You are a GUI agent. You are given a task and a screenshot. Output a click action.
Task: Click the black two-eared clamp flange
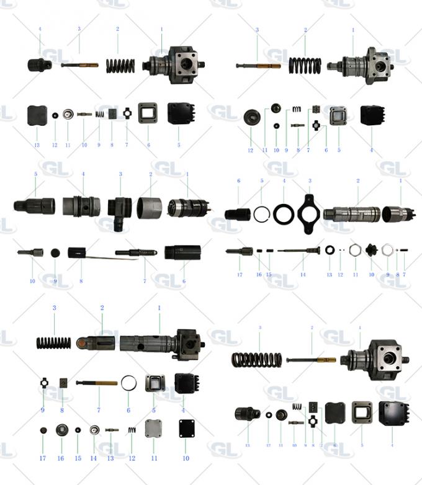[309, 215]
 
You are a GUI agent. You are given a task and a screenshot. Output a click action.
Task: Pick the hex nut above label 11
[356, 250]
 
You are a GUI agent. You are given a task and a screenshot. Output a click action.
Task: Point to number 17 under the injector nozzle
[239, 274]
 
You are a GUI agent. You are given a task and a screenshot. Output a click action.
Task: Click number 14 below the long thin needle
[303, 274]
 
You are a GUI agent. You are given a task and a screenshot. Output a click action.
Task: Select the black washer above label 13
[329, 250]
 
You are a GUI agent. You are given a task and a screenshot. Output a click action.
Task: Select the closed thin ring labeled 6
[128, 383]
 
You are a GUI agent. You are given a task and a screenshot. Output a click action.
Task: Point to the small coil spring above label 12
[132, 430]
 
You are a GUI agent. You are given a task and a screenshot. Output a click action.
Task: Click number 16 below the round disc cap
[61, 458]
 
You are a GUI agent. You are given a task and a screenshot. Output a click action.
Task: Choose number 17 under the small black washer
[268, 445]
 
